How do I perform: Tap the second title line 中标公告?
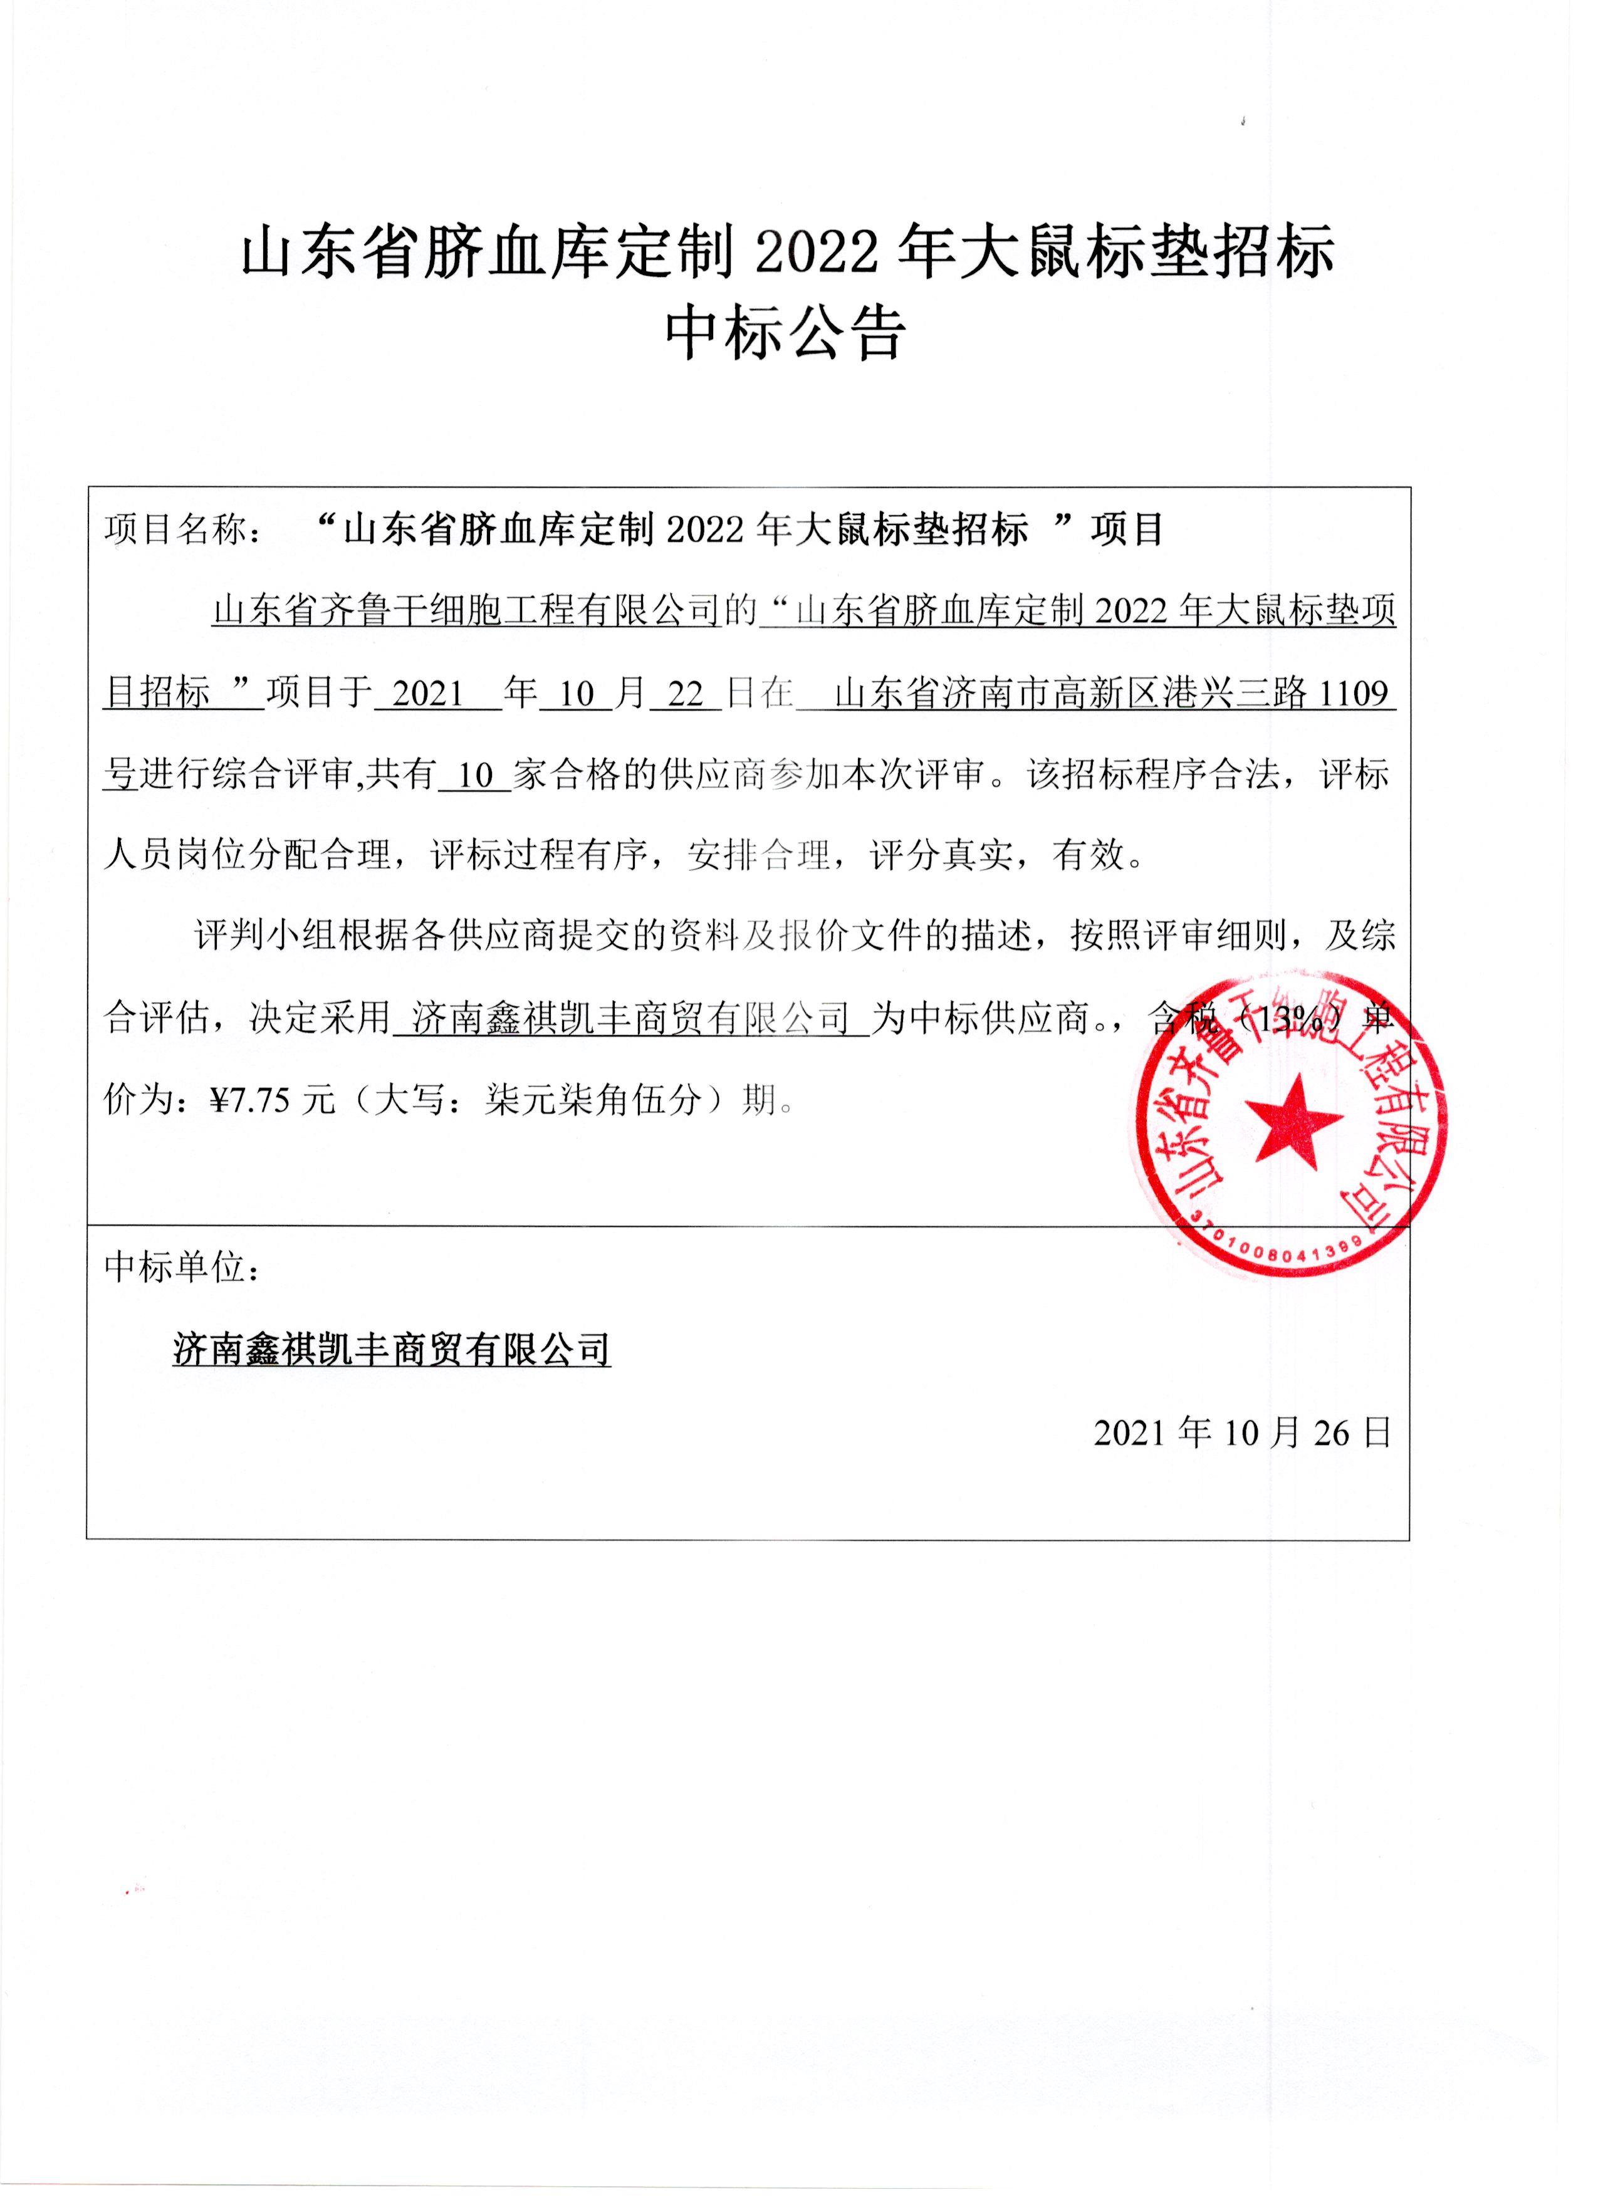[786, 335]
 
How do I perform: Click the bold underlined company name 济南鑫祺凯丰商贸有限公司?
[391, 1350]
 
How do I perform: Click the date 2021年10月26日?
[1243, 1432]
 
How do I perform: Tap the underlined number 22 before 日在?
[685, 694]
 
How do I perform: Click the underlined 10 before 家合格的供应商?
[476, 776]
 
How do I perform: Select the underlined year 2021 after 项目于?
[428, 694]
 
